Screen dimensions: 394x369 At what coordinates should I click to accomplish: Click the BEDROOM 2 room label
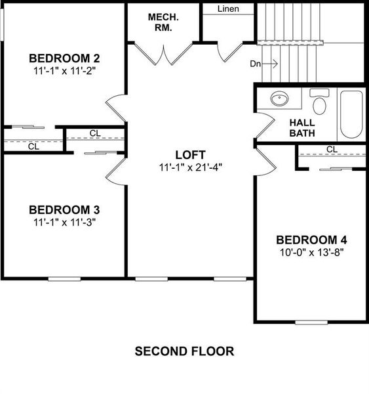pyautogui.click(x=64, y=57)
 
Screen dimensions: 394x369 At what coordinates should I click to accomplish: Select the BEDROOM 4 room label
pyautogui.click(x=311, y=239)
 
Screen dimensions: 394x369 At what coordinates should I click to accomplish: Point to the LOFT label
pyautogui.click(x=191, y=154)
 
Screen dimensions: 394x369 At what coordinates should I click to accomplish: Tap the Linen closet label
pyautogui.click(x=227, y=9)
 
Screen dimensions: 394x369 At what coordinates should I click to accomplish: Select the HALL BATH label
pyautogui.click(x=302, y=127)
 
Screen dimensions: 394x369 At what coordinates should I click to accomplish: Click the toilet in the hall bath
pyautogui.click(x=320, y=102)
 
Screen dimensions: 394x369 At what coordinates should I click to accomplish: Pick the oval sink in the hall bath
pyautogui.click(x=280, y=99)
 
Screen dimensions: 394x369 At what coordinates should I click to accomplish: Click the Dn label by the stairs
pyautogui.click(x=256, y=64)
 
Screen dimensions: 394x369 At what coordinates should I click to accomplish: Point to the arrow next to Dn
pyautogui.click(x=273, y=64)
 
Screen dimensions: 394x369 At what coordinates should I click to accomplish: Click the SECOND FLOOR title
pyautogui.click(x=184, y=351)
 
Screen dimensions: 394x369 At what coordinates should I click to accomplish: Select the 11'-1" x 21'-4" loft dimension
pyautogui.click(x=191, y=167)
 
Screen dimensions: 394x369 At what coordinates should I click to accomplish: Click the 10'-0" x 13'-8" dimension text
pyautogui.click(x=311, y=251)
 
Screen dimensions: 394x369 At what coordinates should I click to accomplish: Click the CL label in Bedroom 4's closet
pyautogui.click(x=332, y=150)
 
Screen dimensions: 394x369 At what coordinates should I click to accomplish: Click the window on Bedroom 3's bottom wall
pyautogui.click(x=66, y=278)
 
